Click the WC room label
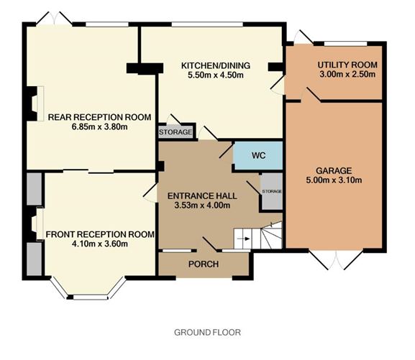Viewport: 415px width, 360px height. point(258,155)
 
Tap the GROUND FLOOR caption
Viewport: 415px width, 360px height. point(207,332)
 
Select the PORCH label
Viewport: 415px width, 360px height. point(204,264)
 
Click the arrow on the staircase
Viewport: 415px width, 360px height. point(244,239)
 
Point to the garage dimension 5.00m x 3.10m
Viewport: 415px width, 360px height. point(334,180)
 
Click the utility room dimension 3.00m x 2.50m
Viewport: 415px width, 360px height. point(347,74)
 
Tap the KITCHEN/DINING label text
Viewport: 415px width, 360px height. point(216,65)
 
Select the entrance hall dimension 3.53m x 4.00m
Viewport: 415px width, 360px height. point(202,205)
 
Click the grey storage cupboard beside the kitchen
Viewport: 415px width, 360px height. point(175,132)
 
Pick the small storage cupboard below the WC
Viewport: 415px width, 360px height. point(271,191)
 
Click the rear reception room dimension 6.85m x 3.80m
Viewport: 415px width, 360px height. point(99,126)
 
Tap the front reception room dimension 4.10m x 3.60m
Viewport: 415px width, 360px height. point(100,244)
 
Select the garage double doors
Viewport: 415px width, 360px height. point(336,259)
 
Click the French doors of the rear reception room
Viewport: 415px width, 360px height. point(54,19)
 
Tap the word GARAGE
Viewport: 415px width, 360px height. point(334,170)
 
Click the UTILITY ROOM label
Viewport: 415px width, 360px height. point(347,65)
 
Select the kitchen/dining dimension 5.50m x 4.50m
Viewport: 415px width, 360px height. point(216,75)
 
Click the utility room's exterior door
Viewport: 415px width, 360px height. point(303,37)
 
